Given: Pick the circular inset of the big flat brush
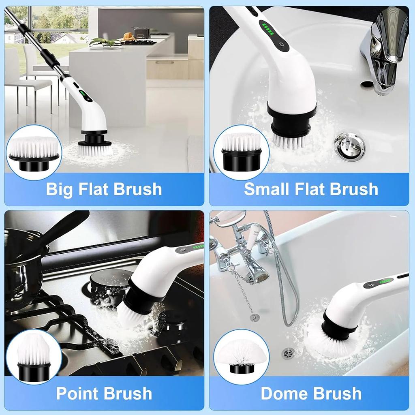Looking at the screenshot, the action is (x=34, y=152).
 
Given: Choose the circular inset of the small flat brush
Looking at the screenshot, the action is (x=241, y=152).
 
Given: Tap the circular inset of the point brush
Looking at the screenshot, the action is (x=34, y=357).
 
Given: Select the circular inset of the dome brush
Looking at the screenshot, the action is (x=241, y=357).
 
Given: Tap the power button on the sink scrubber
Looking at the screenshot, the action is (x=281, y=45).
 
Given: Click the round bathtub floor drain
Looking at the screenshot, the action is (x=289, y=353).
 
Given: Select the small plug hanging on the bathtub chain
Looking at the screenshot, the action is (x=255, y=317).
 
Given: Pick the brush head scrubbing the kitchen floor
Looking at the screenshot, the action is (x=95, y=148).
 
